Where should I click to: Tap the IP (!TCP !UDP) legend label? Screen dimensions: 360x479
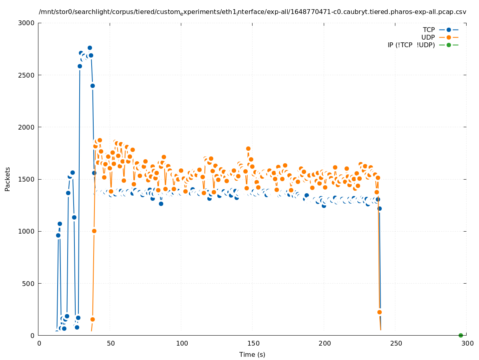click(411, 45)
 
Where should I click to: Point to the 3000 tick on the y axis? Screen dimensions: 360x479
click(28, 23)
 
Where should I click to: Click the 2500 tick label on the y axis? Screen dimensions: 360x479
click(28, 75)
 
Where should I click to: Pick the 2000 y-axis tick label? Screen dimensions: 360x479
click(28, 127)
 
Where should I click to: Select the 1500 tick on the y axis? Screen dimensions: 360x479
click(28, 179)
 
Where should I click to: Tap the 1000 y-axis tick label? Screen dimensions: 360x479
click(28, 231)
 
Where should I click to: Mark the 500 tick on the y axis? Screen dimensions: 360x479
click(30, 284)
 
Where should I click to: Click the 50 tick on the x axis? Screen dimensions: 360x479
click(110, 343)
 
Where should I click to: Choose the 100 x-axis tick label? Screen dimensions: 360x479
click(181, 343)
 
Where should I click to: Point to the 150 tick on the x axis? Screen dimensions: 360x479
click(253, 343)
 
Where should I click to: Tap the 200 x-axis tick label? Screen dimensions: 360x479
click(324, 343)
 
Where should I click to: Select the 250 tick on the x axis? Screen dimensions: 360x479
click(395, 343)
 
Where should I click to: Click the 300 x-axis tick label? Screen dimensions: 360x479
click(467, 343)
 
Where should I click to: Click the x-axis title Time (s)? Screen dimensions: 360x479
click(252, 354)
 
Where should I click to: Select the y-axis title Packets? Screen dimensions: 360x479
click(8, 179)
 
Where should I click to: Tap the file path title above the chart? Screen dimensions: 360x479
click(252, 12)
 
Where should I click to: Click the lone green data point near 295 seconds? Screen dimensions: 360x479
click(461, 335)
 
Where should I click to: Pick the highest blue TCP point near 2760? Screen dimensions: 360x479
click(90, 48)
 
